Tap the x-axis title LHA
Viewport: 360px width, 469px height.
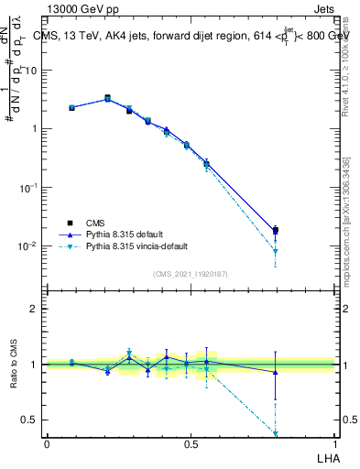(x=326, y=457)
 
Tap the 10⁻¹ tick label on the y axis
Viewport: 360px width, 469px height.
(x=27, y=187)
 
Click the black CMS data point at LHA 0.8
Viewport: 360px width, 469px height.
(x=275, y=231)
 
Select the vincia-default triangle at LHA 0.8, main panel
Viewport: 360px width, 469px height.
(x=275, y=251)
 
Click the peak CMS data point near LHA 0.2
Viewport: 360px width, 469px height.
(x=107, y=98)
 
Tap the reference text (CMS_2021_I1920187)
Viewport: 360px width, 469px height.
(x=191, y=273)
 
